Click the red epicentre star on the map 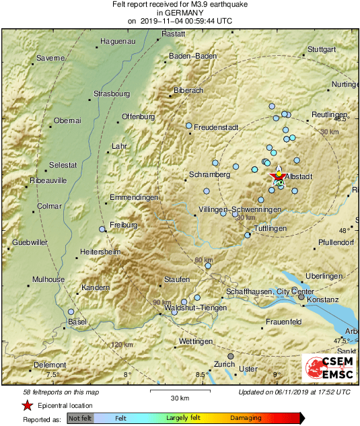coord(277,176)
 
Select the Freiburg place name coord(124,224)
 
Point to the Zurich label coord(225,364)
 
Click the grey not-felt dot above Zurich coord(231,356)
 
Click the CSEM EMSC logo coord(329,369)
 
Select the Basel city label coord(77,322)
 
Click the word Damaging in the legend coord(246,418)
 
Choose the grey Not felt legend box coord(80,418)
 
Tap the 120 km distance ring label coord(122,345)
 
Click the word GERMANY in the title coord(180,12)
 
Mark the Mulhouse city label coord(48,279)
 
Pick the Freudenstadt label coord(217,127)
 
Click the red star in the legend coord(27,405)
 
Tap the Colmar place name coord(48,206)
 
